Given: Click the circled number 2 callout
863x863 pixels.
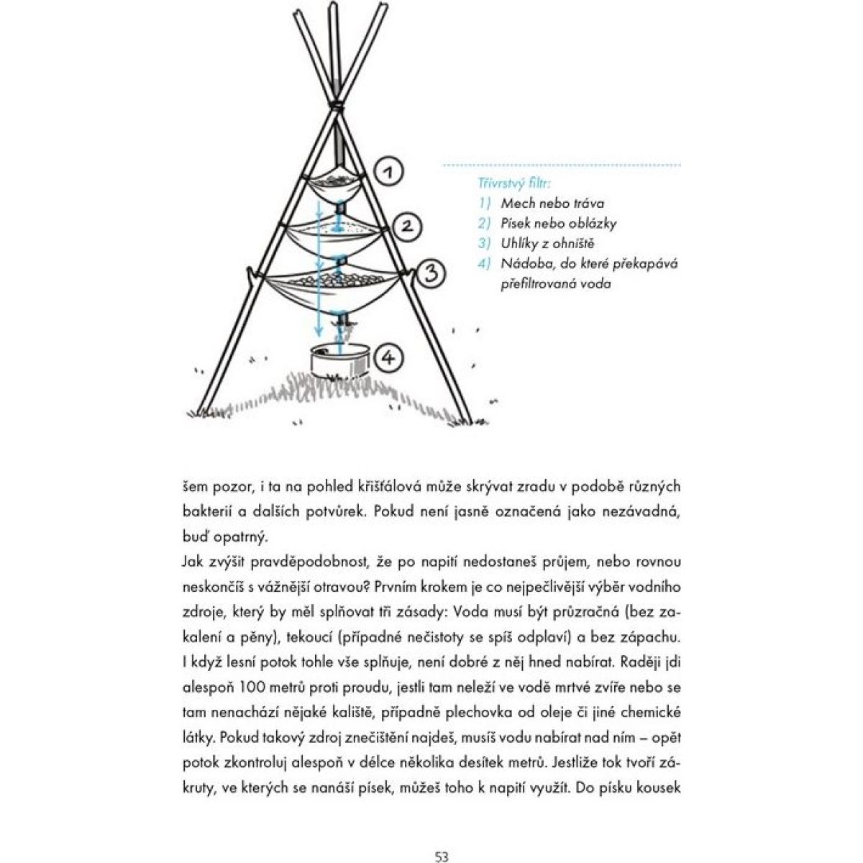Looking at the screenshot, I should pyautogui.click(x=406, y=226).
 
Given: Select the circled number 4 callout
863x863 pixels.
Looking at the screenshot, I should pyautogui.click(x=388, y=357).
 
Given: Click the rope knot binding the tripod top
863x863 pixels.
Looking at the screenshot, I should pyautogui.click(x=336, y=106).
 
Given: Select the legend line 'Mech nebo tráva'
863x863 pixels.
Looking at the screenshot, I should pyautogui.click(x=552, y=203).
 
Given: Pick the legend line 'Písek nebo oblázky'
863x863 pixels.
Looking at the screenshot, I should pyautogui.click(x=559, y=223).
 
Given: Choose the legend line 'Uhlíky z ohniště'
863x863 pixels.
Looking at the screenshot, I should pyautogui.click(x=548, y=243).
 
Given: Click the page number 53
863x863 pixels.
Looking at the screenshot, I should pyautogui.click(x=442, y=836).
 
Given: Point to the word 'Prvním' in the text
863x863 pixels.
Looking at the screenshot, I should pyautogui.click(x=399, y=587).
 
